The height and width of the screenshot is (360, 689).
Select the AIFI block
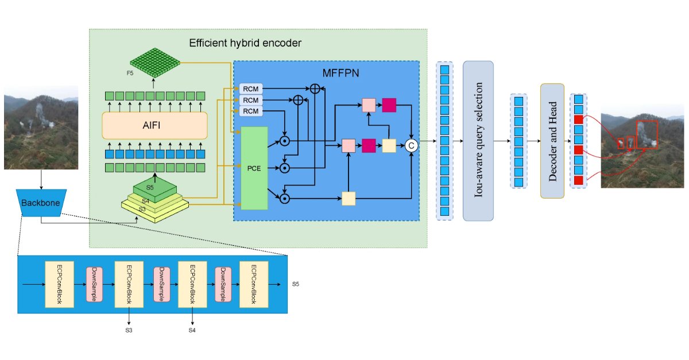pyautogui.click(x=154, y=125)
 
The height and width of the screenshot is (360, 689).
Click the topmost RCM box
pyautogui.click(x=250, y=88)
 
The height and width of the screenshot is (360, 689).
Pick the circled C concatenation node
pyautogui.click(x=411, y=146)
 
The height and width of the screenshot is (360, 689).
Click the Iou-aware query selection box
pyautogui.click(x=478, y=141)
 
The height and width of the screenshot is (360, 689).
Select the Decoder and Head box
pyautogui.click(x=552, y=141)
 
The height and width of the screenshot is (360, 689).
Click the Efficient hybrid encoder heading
pyautogui.click(x=245, y=43)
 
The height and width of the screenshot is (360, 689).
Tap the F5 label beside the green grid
pyautogui.click(x=130, y=73)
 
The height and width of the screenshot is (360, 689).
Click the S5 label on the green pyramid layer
pyautogui.click(x=150, y=187)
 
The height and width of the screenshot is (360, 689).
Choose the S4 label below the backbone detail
pyautogui.click(x=192, y=331)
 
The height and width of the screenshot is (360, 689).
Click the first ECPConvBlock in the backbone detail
pyautogui.click(x=60, y=284)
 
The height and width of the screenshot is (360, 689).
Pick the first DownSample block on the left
pyautogui.click(x=94, y=284)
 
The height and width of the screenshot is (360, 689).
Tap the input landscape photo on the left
pyautogui.click(x=41, y=127)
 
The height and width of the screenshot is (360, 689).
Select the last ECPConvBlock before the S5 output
pyautogui.click(x=253, y=284)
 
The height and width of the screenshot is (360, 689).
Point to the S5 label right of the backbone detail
pyautogui.click(x=296, y=284)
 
